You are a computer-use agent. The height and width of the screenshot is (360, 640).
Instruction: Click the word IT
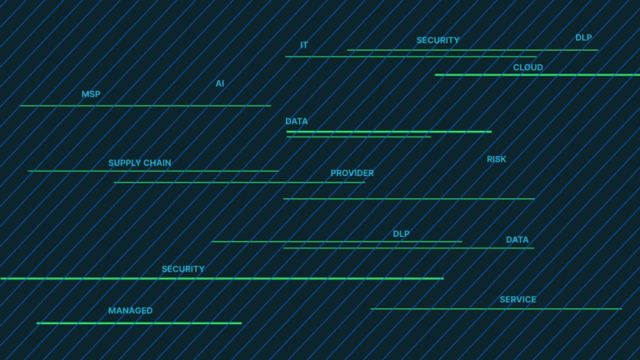pos(304,45)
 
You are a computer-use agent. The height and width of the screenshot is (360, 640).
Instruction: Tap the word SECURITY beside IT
pos(437,40)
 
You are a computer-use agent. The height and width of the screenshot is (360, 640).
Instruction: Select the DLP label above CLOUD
pos(583,37)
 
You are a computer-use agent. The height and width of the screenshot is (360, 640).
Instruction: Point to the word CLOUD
pos(527,67)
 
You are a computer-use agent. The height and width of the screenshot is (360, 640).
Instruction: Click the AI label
pos(220,83)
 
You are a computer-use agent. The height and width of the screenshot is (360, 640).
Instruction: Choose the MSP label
pos(91,94)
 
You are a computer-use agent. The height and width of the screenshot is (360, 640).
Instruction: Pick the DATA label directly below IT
pos(296,121)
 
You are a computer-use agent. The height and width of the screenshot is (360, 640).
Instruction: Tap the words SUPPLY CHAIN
pos(139,163)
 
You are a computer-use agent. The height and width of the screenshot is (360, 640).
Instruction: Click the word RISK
pos(496,159)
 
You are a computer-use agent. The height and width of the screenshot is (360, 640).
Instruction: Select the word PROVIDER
pos(352,173)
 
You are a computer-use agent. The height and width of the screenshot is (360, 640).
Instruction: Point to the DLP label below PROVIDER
pos(401,234)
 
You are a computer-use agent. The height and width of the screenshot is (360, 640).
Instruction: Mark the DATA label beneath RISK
pos(517,240)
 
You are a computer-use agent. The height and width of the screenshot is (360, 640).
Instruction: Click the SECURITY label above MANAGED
pos(182,269)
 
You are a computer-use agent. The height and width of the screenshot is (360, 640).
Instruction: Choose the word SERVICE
pos(517,299)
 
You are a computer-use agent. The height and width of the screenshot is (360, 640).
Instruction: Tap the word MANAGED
pos(130,311)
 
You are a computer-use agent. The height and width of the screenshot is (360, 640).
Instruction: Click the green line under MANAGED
pos(138,322)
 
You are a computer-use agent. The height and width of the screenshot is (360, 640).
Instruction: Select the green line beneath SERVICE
pos(496,309)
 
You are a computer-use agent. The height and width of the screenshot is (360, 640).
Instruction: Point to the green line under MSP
pos(145,106)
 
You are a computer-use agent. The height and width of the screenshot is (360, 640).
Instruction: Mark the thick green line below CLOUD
pos(537,75)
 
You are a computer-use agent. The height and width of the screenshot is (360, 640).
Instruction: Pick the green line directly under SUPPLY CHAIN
pos(153,171)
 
